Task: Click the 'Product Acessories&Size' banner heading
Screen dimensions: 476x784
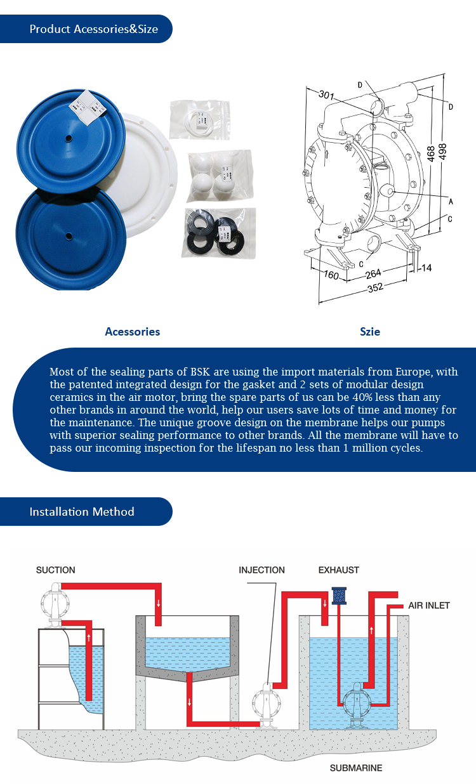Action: pos(93,29)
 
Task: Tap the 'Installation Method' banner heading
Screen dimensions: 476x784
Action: pos(82,512)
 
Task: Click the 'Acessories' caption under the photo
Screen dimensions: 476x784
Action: pos(133,332)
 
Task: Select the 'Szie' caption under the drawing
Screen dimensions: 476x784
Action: pos(370,332)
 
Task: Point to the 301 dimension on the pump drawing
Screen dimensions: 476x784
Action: pos(326,95)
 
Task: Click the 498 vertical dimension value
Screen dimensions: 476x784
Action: pos(442,152)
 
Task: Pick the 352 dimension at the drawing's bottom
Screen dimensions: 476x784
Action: pos(375,287)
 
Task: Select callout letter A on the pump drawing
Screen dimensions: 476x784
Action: pos(451,202)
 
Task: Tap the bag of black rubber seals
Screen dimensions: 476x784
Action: pos(219,233)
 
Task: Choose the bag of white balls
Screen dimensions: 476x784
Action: pos(220,176)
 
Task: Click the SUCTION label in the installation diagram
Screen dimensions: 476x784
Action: pos(56,570)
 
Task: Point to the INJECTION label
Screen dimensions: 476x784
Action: pos(261,570)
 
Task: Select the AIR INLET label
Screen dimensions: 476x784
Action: pos(428,606)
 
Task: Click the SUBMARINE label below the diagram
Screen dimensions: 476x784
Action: pos(356,768)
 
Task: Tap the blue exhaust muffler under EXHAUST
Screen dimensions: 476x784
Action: pos(339,596)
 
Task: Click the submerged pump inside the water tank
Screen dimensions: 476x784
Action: pos(357,705)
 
